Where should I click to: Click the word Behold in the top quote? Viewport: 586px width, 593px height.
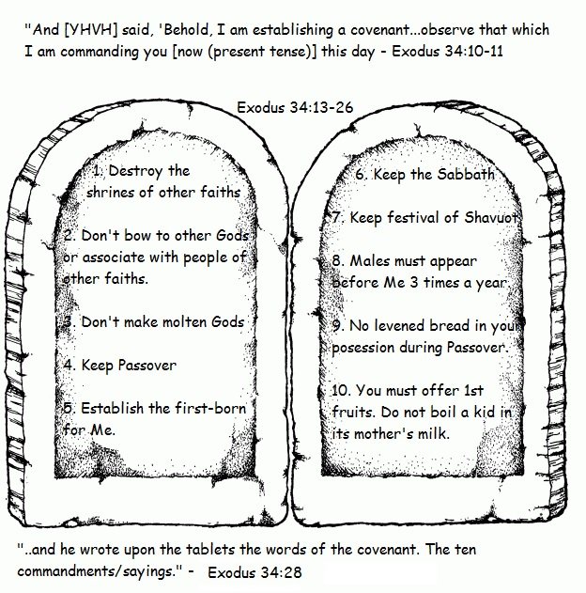tap(186, 29)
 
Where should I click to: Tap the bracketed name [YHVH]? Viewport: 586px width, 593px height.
tap(91, 30)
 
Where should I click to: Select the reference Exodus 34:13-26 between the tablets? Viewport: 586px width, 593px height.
tap(295, 107)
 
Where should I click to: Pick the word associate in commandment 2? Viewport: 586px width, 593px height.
tap(114, 257)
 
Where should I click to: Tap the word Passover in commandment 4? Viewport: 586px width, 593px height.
tap(147, 365)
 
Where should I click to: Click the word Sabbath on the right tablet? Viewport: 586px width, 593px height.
tap(466, 174)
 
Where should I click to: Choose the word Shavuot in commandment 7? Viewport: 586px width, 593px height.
tap(491, 217)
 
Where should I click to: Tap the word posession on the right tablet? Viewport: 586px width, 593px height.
tap(363, 348)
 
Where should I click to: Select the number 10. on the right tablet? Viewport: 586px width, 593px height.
tap(341, 390)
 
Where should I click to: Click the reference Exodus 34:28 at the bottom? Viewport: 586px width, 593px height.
tap(255, 572)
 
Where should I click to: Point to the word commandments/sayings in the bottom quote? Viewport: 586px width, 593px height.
tap(100, 571)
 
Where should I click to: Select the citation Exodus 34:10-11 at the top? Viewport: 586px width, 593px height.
tap(447, 51)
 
